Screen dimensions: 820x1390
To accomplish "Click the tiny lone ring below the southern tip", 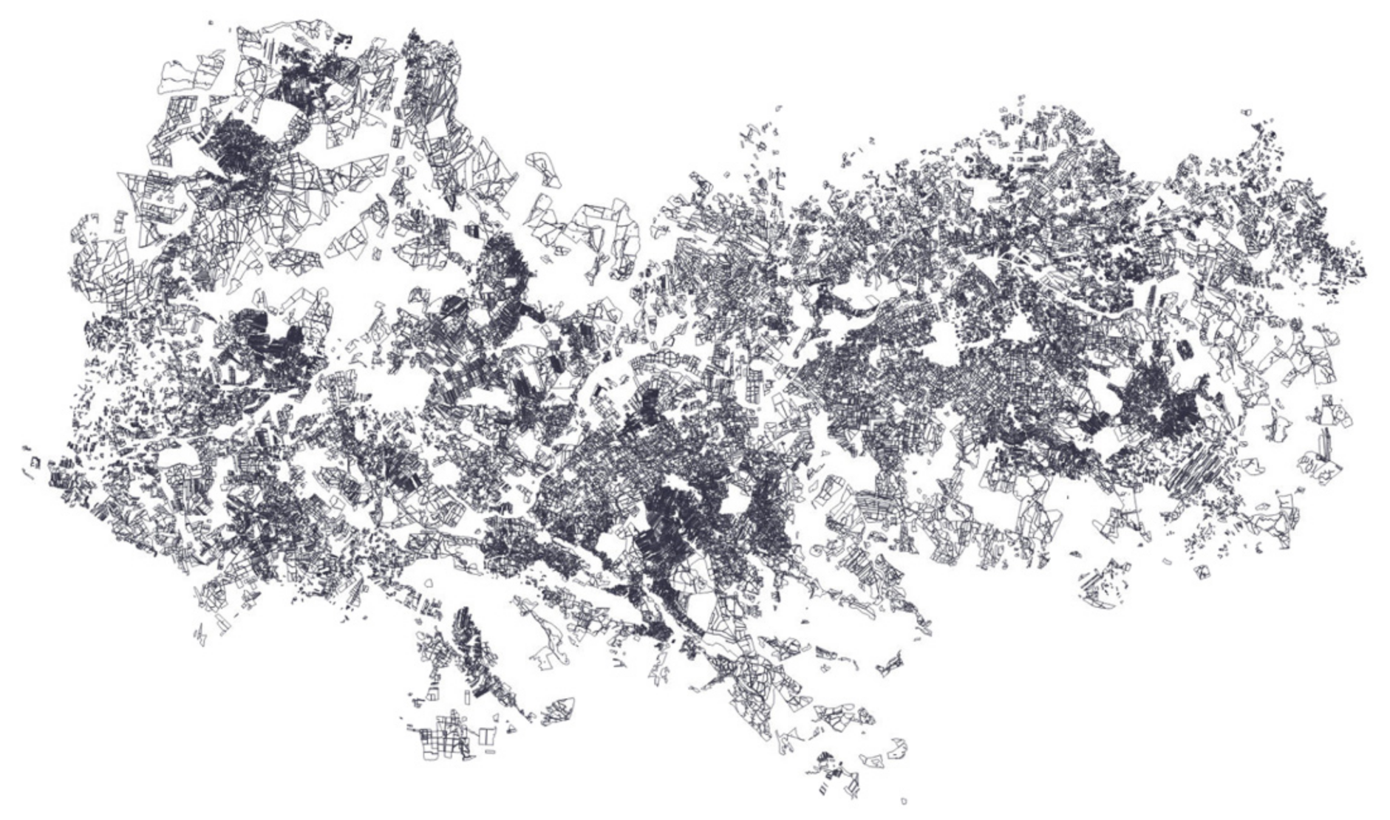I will [x=904, y=801].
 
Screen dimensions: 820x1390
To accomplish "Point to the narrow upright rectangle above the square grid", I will [x=466, y=699].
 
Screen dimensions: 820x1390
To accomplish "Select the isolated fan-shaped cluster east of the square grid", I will [x=559, y=709].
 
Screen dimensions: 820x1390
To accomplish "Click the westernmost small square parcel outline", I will [x=34, y=462].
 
